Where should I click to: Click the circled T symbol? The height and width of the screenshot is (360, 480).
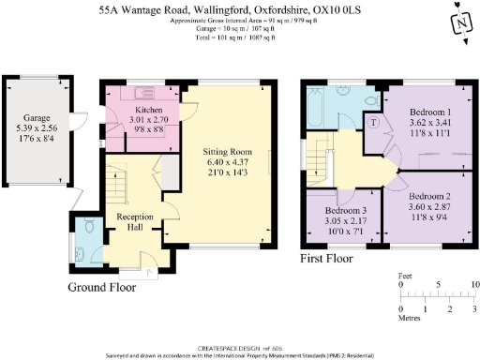(376, 123)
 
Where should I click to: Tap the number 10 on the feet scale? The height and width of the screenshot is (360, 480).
(475, 282)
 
